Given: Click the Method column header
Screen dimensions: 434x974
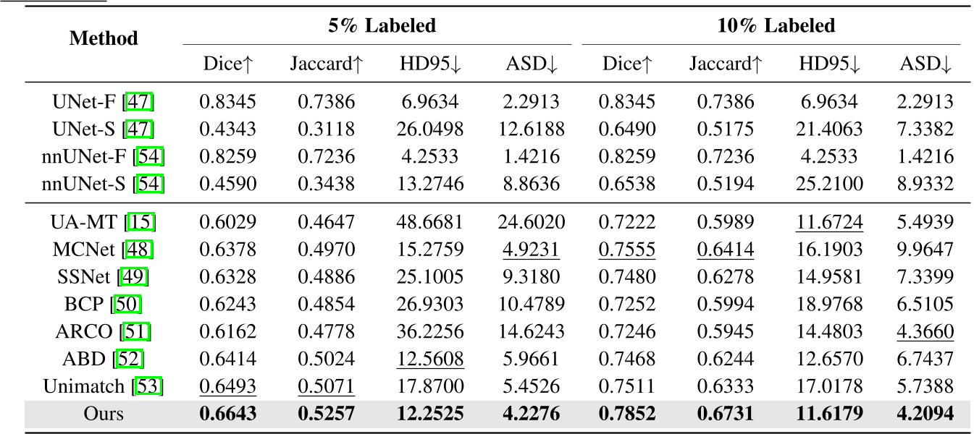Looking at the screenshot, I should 104,38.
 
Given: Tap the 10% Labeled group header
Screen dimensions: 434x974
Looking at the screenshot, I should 776,27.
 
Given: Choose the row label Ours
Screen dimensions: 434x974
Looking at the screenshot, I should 104,414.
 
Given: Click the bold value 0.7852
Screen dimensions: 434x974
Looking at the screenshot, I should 627,414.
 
